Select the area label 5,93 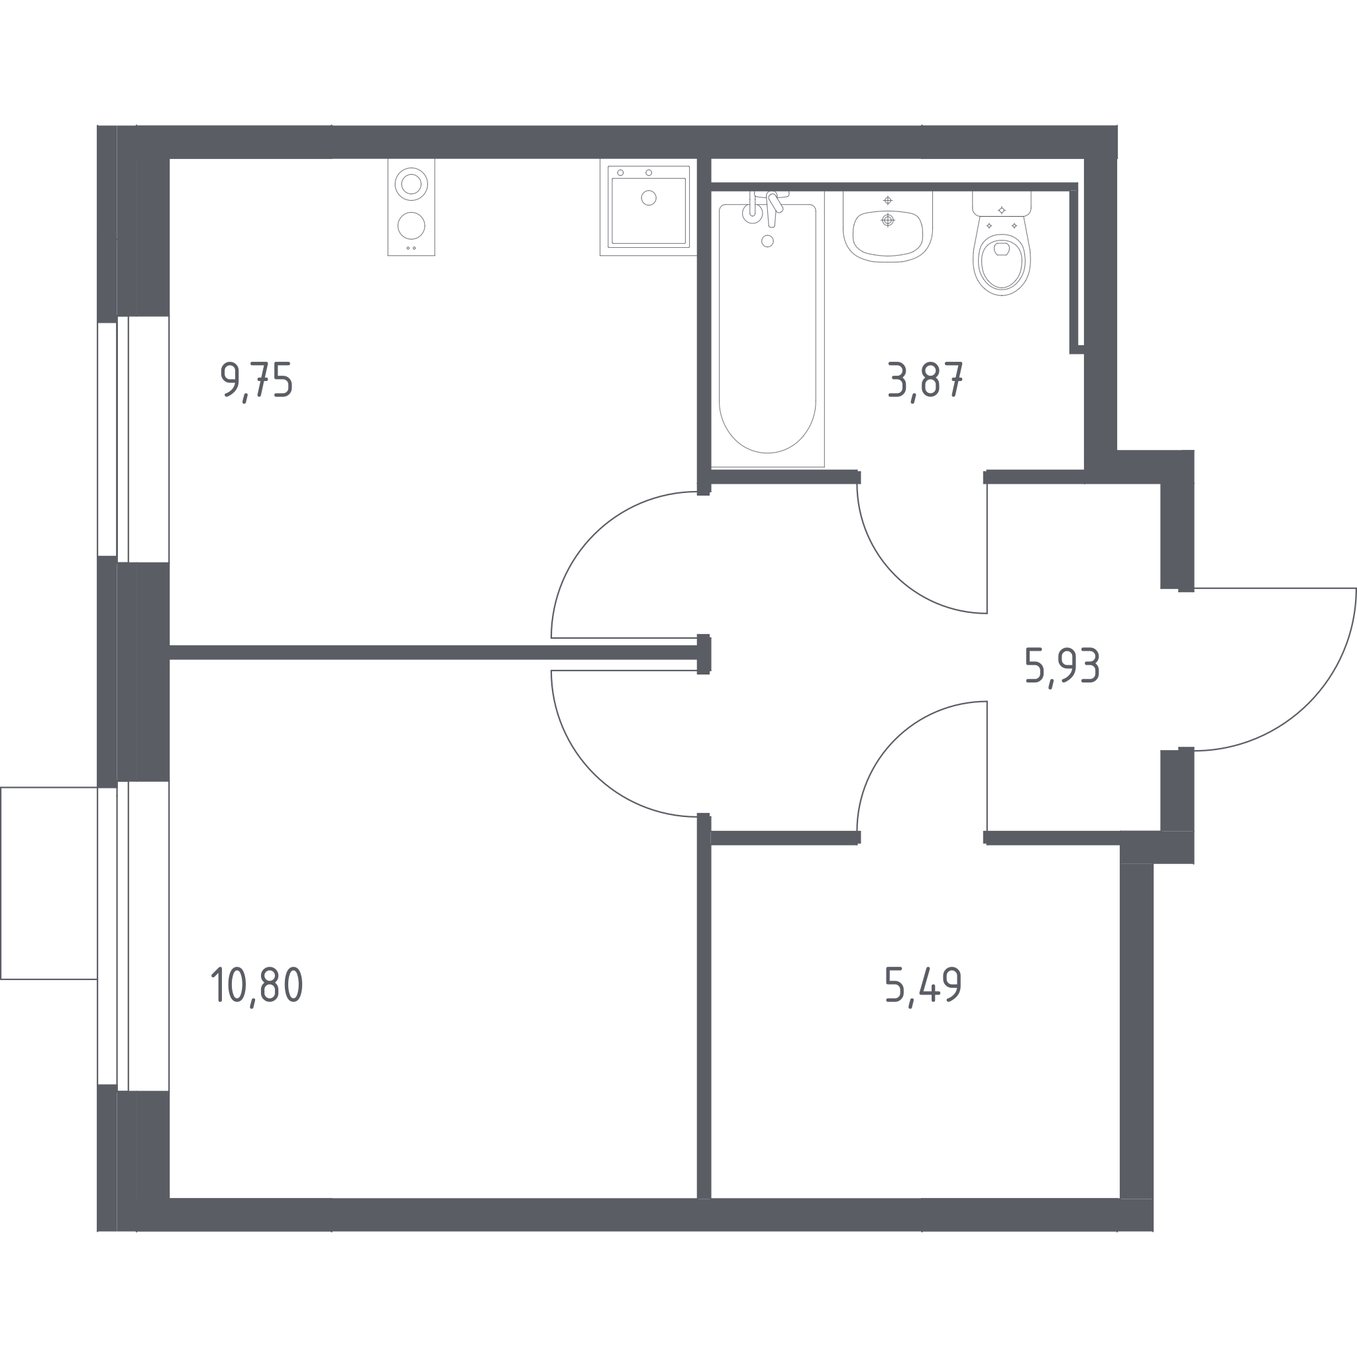tap(1062, 667)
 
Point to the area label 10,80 tap(257, 986)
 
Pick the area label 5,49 tap(923, 986)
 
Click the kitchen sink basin tap(648, 210)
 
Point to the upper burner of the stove tap(411, 184)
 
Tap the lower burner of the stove tap(411, 226)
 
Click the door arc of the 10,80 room tap(594, 773)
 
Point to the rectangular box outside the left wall tap(48, 883)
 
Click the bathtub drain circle tap(768, 241)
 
